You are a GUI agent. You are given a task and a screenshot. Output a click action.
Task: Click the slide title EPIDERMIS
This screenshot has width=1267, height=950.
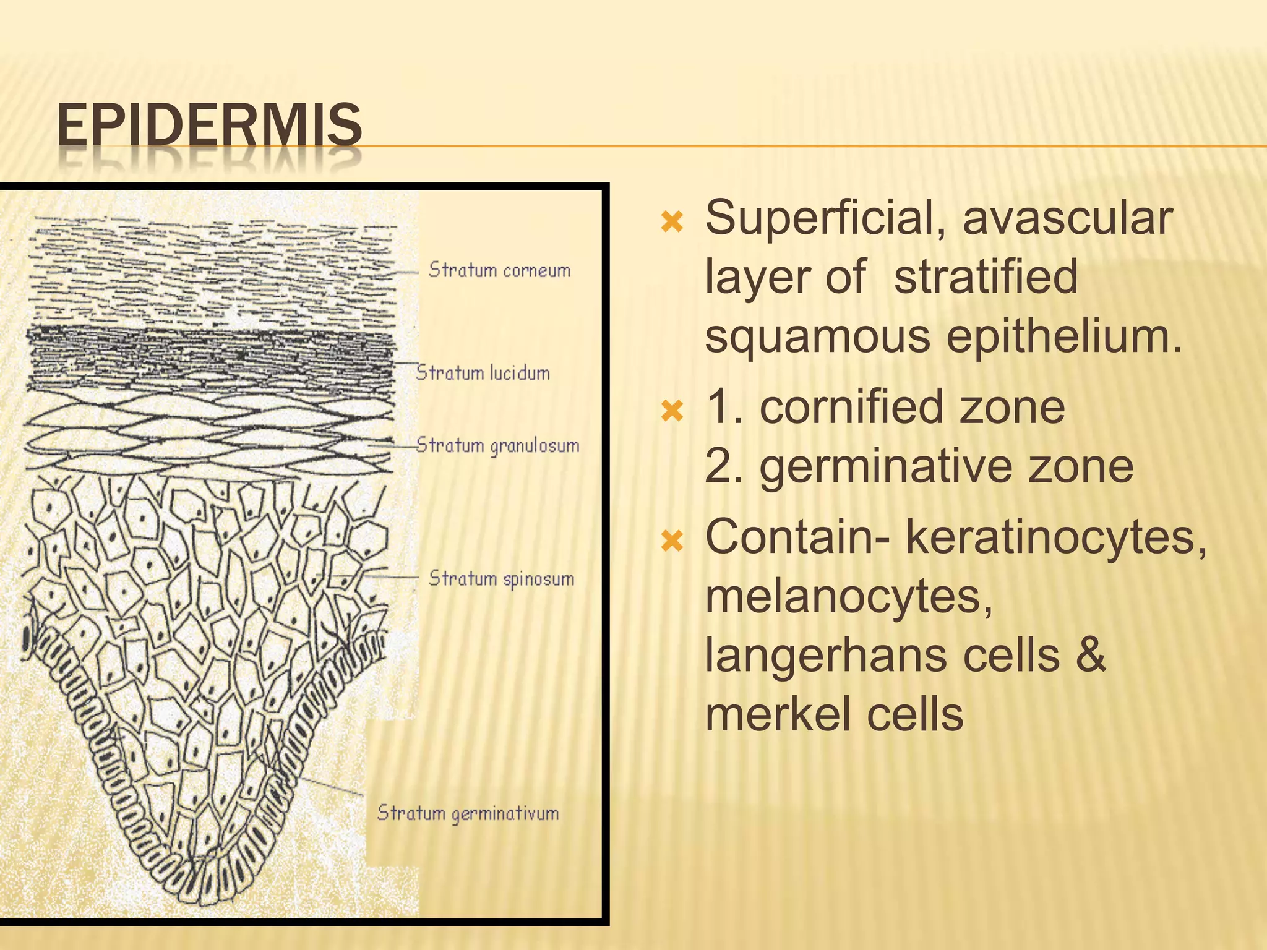209,126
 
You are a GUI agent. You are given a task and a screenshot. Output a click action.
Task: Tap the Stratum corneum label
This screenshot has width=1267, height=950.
499,270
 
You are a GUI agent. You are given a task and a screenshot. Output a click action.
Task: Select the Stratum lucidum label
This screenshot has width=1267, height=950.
483,373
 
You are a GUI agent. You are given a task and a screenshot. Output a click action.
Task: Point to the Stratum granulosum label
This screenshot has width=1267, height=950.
497,446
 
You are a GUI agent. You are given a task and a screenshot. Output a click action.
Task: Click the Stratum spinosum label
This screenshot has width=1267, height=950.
501,579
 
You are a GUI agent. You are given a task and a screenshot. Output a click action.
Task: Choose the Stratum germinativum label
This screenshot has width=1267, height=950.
468,813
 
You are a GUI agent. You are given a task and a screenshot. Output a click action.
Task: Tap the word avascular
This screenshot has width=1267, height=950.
1067,218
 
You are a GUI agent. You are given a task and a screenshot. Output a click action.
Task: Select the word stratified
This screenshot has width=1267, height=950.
986,276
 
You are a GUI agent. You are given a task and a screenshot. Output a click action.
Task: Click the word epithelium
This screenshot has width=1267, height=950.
1063,337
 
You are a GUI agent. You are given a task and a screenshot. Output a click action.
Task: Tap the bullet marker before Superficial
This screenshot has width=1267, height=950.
672,221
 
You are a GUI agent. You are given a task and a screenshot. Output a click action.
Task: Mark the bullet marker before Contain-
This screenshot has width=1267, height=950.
672,542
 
